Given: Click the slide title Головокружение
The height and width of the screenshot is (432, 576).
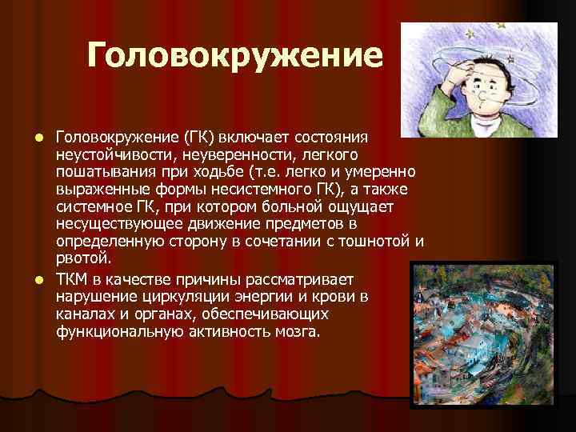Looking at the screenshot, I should tap(236, 55).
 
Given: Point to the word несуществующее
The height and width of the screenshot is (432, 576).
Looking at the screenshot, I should tap(118, 225).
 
